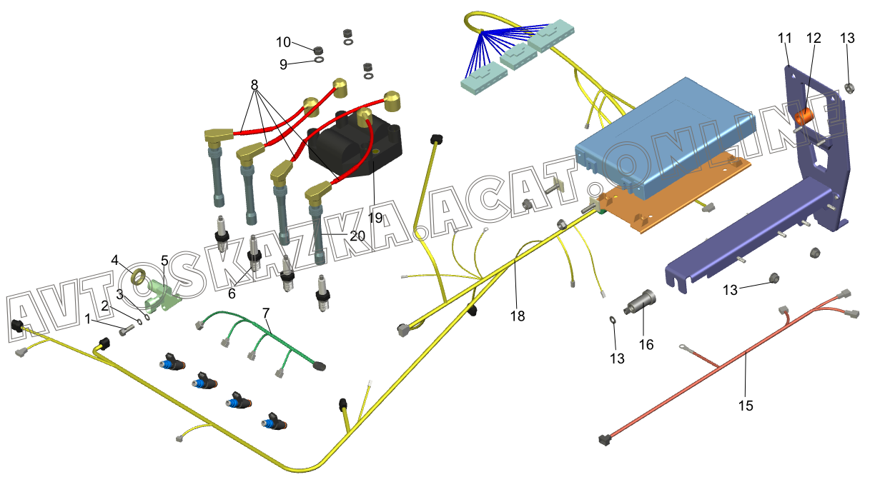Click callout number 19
tap(375, 217)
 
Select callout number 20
tap(357, 235)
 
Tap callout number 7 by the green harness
tap(266, 313)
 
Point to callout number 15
tap(746, 405)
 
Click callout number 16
tap(646, 344)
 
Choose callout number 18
tap(517, 315)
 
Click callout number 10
tap(284, 42)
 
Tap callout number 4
tap(115, 260)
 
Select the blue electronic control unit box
tap(665, 129)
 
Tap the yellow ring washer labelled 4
tap(141, 276)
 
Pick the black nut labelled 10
tap(319, 49)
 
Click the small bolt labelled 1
tap(126, 331)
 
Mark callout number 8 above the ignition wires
tap(254, 84)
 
